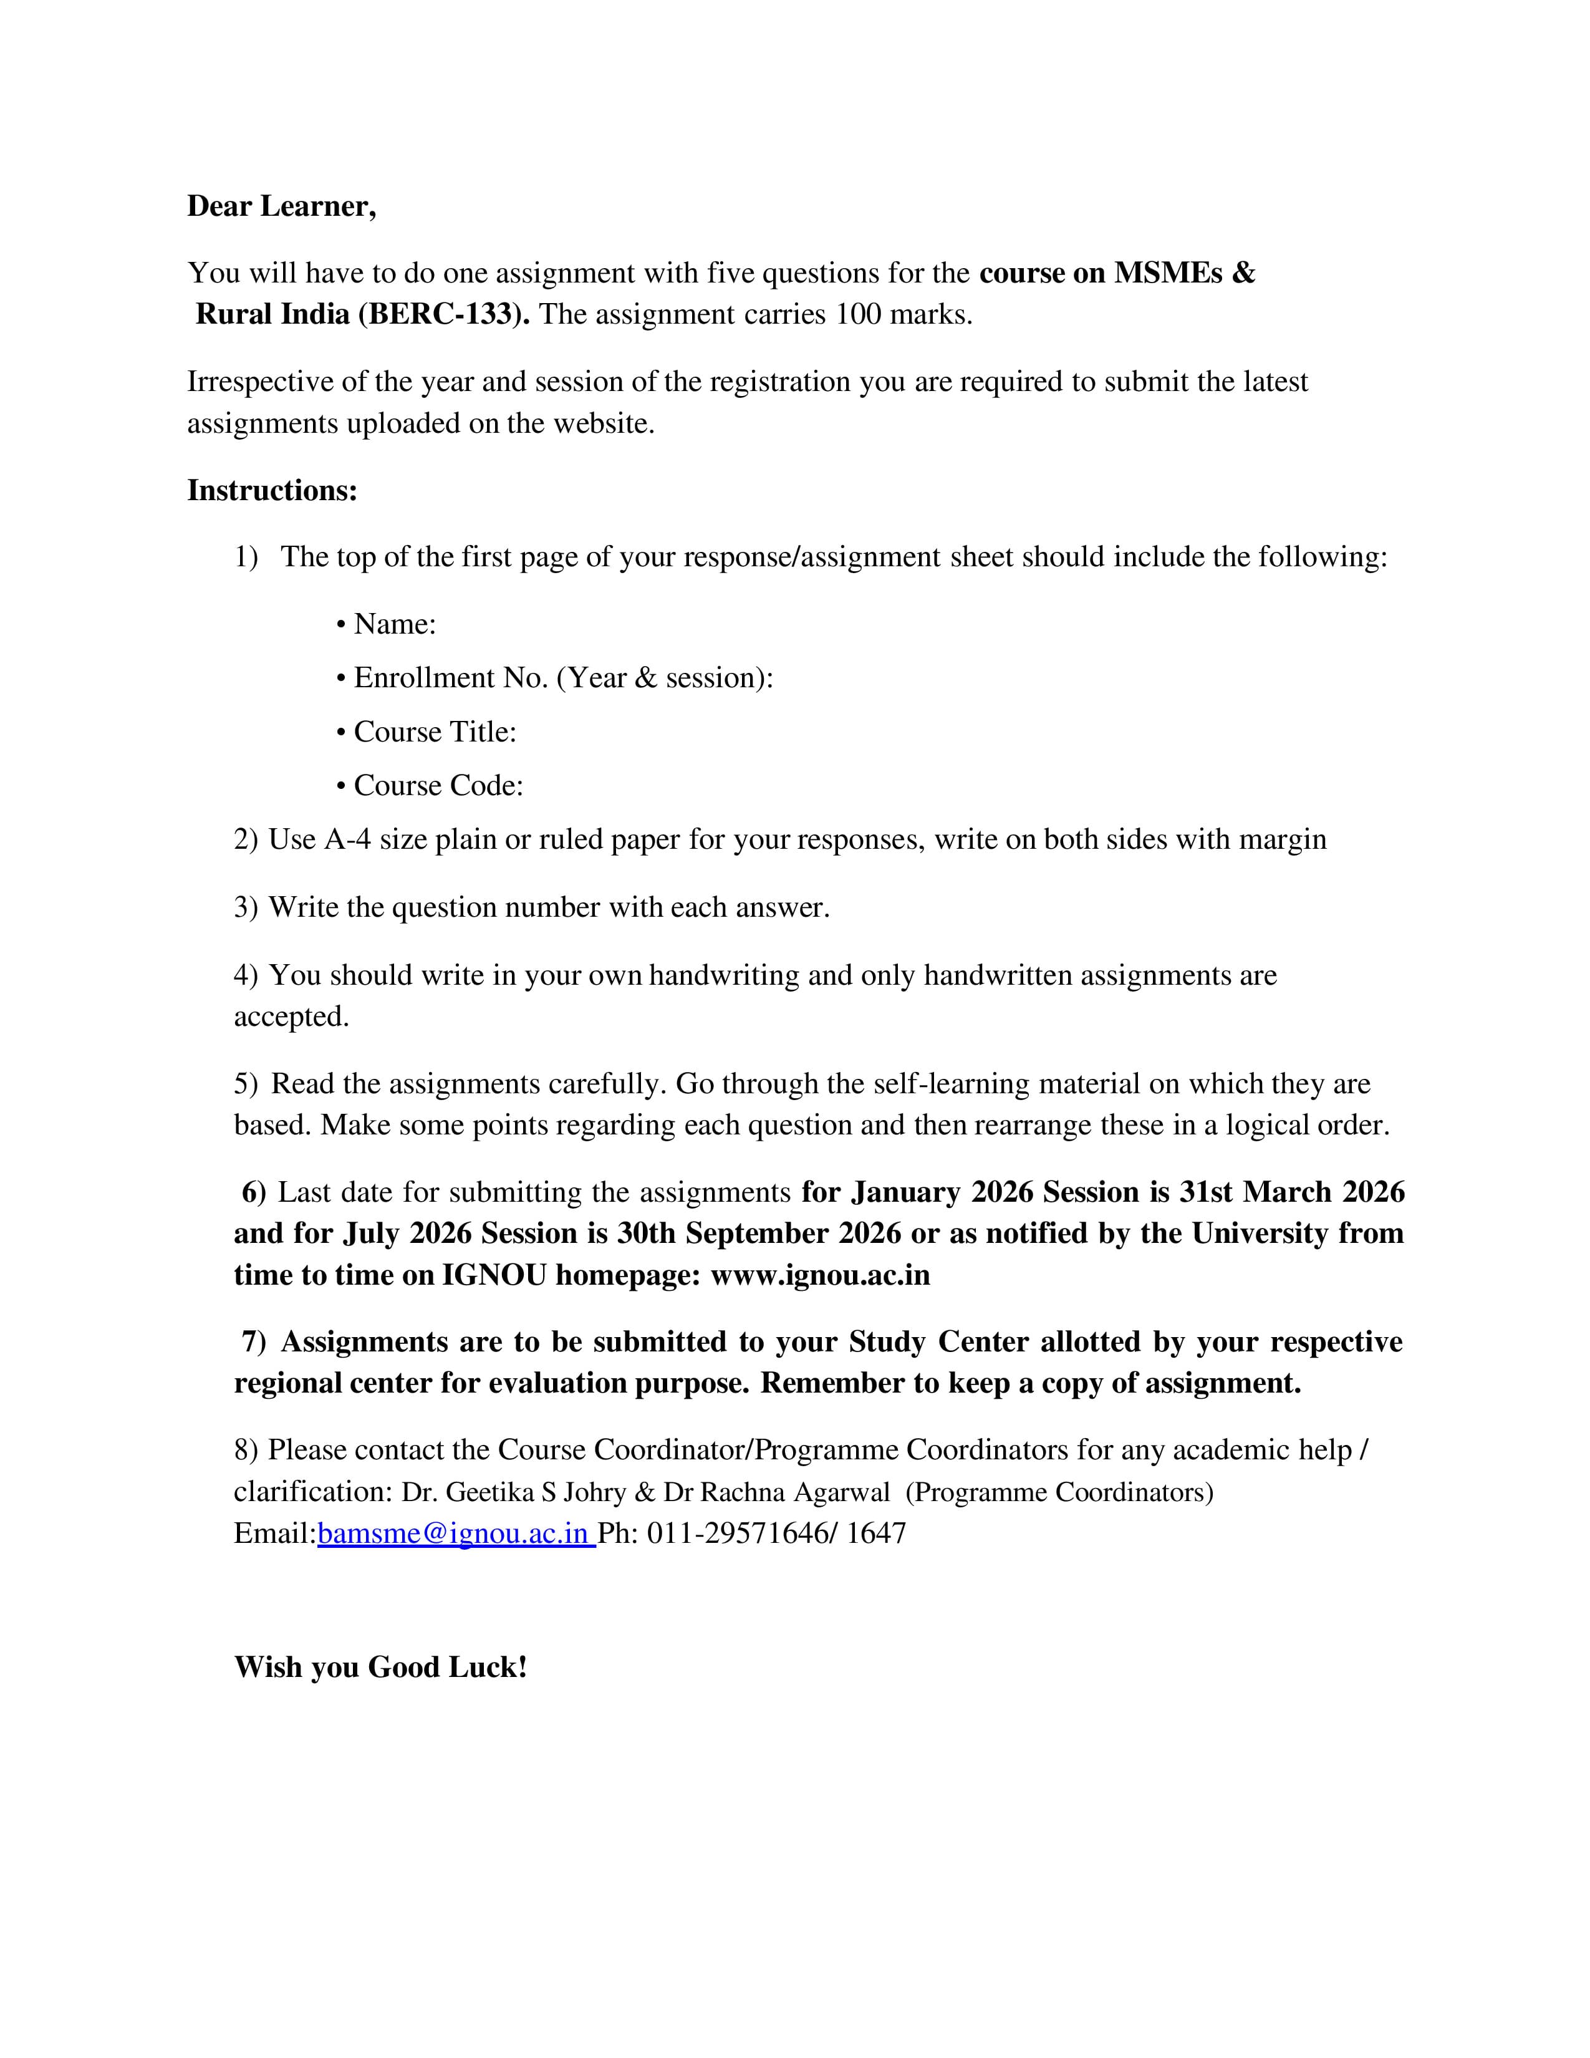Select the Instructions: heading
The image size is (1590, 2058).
click(x=272, y=490)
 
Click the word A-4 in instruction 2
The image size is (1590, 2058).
click(x=347, y=839)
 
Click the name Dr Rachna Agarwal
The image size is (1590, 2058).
click(x=776, y=1492)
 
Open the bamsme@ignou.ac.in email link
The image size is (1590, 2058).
click(x=453, y=1533)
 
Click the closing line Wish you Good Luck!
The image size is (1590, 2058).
click(x=380, y=1667)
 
